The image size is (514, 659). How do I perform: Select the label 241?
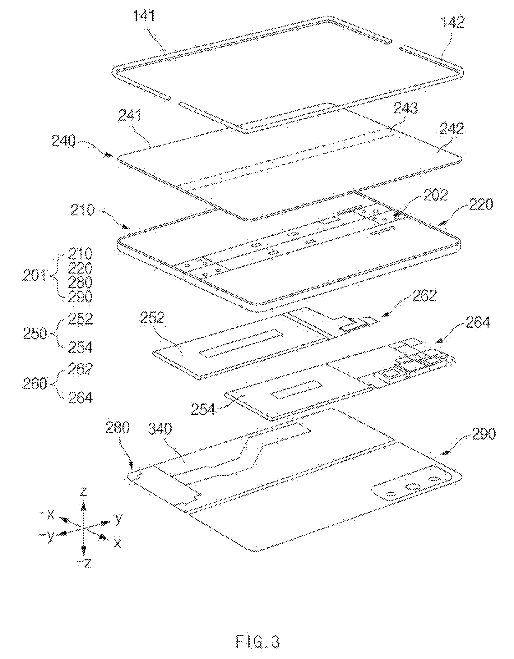point(129,116)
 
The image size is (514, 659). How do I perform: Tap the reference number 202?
point(435,195)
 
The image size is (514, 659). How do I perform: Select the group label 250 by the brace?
point(35,334)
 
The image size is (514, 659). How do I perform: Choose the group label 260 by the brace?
point(35,385)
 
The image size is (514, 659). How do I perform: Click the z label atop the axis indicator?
point(83,491)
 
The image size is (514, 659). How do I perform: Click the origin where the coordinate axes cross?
point(83,528)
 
